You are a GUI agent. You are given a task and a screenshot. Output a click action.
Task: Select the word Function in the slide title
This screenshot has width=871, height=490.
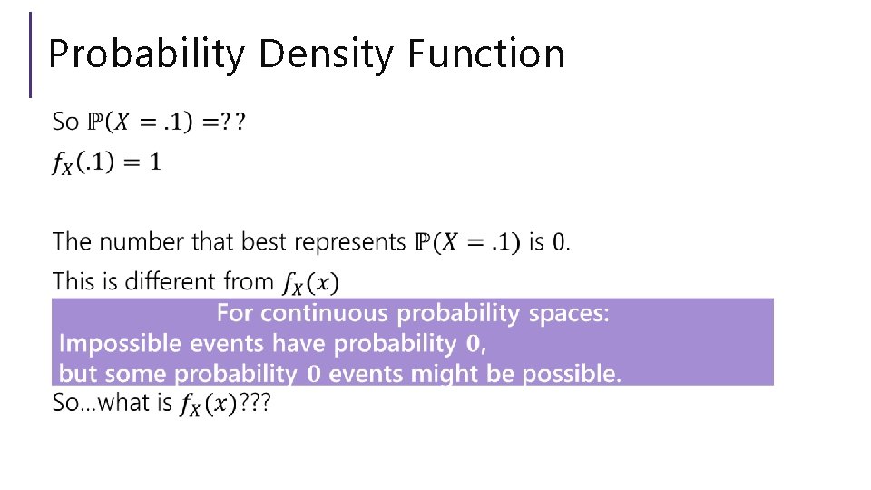tap(486, 54)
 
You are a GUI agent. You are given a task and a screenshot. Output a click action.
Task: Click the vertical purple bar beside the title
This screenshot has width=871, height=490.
tap(31, 54)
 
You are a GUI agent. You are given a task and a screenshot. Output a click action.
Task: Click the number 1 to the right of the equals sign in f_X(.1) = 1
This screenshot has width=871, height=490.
tap(155, 162)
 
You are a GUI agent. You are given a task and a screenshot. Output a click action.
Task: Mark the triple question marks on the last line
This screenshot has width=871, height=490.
tap(254, 403)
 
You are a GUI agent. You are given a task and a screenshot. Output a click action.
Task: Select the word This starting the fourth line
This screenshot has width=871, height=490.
tap(73, 282)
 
